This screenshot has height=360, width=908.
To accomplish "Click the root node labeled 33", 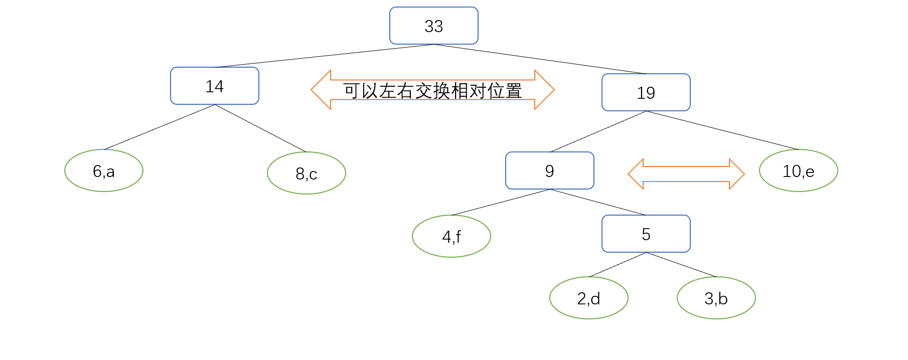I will [x=433, y=26].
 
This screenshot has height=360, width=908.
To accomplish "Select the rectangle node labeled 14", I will [x=214, y=86].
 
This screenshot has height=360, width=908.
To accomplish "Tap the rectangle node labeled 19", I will [x=646, y=92].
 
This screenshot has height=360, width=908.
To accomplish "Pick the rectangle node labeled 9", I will [x=549, y=170].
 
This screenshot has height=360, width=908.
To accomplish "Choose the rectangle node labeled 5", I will [x=646, y=234].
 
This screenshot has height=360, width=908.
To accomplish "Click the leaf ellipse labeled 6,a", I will [x=104, y=170].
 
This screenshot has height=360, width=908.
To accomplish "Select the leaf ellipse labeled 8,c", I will [x=306, y=173].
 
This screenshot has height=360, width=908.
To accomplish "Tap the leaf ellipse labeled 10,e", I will [x=798, y=170].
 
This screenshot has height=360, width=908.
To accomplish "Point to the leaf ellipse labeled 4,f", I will [x=451, y=236].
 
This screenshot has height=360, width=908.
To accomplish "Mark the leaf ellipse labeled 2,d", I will [x=588, y=298].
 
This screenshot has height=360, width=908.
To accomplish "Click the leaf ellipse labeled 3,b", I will [x=716, y=298].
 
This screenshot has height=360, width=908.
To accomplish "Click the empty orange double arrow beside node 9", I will [x=686, y=174].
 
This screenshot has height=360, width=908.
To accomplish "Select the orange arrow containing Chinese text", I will [x=432, y=90].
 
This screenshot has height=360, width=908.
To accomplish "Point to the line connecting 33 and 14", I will [x=324, y=56].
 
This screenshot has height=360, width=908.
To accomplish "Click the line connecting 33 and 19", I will [x=540, y=59].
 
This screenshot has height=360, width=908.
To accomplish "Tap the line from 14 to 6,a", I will [x=159, y=127].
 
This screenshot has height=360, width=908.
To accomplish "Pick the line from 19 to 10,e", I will [x=722, y=130].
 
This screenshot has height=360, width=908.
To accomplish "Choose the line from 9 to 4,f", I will [x=501, y=202].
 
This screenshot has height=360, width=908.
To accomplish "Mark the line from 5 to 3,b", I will [x=681, y=265].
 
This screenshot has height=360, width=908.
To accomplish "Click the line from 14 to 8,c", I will [x=260, y=128].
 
